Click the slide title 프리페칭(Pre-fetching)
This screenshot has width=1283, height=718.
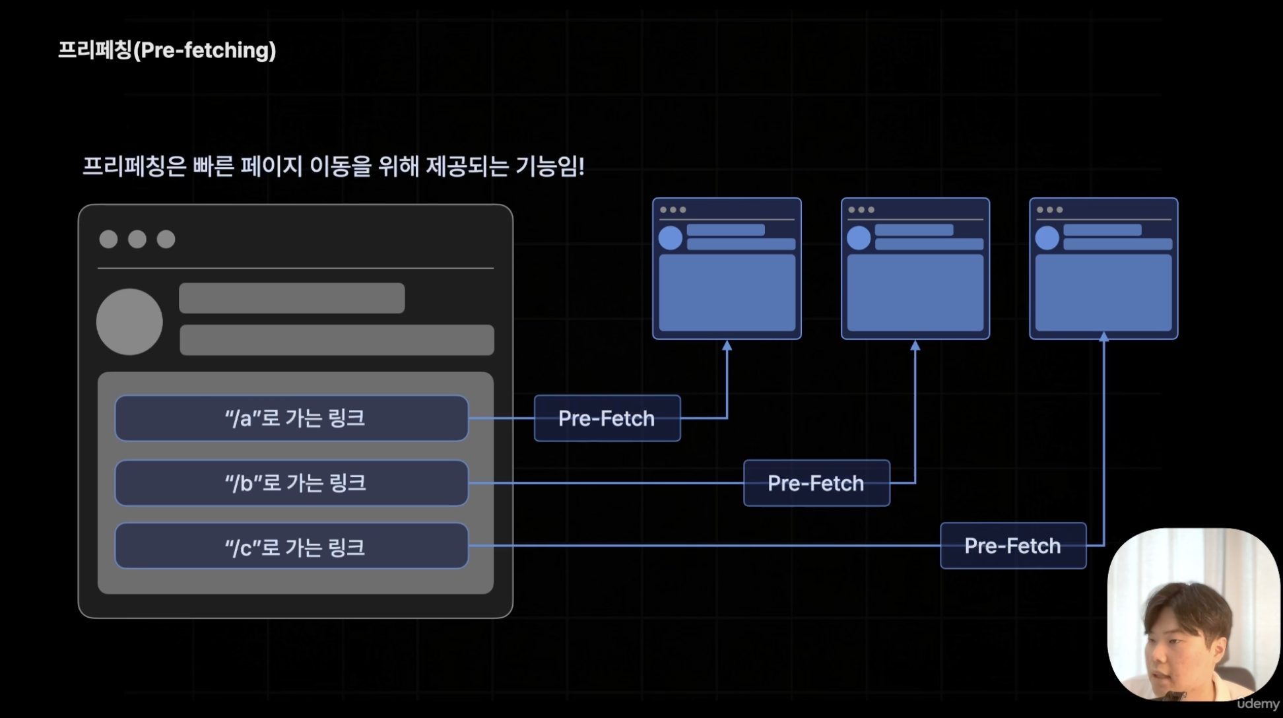(167, 50)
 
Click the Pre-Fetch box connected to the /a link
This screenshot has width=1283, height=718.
(607, 418)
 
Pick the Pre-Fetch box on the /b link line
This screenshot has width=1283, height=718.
(816, 483)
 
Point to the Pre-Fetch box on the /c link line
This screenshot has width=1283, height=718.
(1013, 546)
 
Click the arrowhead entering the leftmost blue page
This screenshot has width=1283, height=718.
(727, 345)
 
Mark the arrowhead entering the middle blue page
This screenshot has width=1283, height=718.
(915, 345)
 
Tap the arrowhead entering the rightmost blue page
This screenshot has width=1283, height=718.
(1103, 337)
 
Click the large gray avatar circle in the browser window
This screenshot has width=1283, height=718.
(129, 322)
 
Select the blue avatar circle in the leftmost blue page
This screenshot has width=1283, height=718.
(671, 238)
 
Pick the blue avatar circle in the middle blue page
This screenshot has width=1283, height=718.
(859, 238)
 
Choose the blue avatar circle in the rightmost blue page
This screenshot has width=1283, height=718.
(1047, 238)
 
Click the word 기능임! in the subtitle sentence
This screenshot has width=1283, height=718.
(550, 166)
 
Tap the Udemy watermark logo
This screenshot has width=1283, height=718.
(1258, 703)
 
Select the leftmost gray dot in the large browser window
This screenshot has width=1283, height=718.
(108, 239)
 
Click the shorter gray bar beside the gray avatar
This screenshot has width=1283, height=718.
(292, 298)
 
